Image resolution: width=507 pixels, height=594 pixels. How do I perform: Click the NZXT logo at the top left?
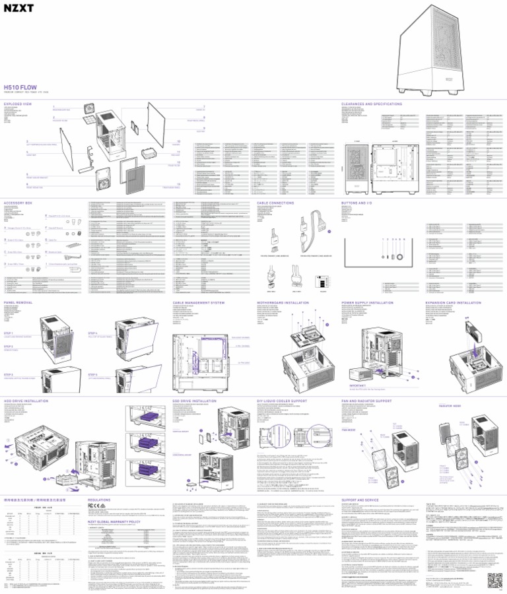(20, 15)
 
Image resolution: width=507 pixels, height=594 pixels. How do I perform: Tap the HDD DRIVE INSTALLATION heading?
(28, 399)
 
